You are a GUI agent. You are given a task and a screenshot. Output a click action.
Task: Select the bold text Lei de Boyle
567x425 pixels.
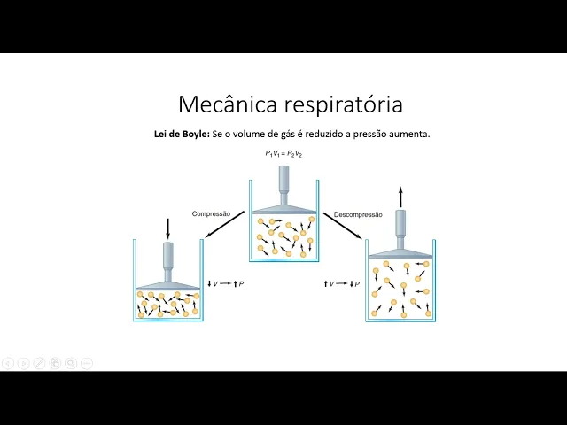click(x=182, y=135)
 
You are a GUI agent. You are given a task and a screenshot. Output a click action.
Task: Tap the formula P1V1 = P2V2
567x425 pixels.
click(x=284, y=154)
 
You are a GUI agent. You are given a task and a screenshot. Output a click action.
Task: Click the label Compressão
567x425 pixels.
click(x=211, y=213)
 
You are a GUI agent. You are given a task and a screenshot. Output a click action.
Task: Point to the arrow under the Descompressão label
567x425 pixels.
click(x=343, y=228)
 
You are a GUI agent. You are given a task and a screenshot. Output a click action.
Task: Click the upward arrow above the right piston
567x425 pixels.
click(x=400, y=196)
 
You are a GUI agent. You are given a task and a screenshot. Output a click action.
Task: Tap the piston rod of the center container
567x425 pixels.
click(x=283, y=182)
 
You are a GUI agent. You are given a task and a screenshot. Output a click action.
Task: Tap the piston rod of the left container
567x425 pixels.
click(x=168, y=262)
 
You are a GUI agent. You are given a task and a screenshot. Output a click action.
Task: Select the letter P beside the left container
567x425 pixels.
click(x=242, y=283)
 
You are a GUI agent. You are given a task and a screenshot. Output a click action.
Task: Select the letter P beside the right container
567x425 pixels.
click(x=356, y=283)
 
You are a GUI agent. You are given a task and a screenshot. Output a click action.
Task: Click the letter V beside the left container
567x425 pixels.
click(x=215, y=283)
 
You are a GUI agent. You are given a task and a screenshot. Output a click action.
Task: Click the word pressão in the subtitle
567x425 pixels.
click(x=371, y=135)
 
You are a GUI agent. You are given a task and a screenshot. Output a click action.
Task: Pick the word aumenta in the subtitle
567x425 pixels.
click(x=411, y=135)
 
